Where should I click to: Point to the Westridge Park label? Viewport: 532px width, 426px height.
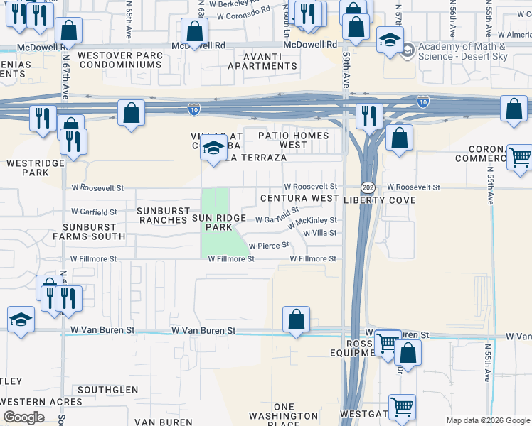click(x=35, y=168)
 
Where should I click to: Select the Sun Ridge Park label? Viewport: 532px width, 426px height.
click(x=219, y=223)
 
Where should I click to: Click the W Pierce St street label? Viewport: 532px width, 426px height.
click(x=269, y=245)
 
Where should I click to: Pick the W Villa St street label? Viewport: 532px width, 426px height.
click(x=319, y=233)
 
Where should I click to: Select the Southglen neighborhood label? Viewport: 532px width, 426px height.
click(x=107, y=390)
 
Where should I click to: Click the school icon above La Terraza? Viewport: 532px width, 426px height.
click(x=213, y=149)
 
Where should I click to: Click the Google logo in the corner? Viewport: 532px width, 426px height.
click(x=23, y=417)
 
